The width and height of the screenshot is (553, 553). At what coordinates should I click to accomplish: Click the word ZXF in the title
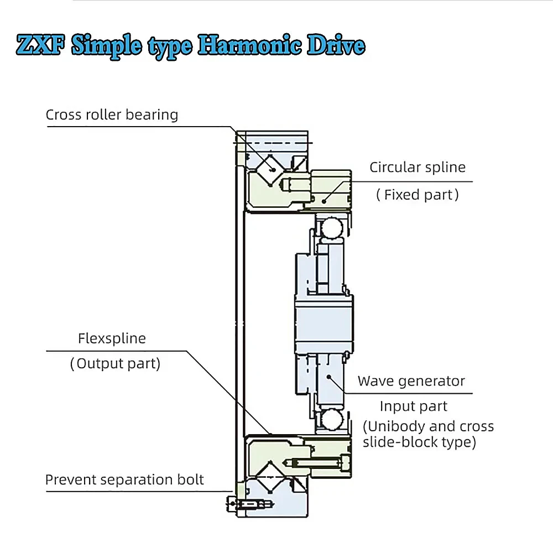[40, 45]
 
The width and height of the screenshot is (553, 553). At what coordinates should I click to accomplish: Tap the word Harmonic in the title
[250, 45]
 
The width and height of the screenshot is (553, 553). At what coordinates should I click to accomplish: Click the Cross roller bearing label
[112, 115]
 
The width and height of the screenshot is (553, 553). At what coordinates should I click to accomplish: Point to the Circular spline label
[418, 167]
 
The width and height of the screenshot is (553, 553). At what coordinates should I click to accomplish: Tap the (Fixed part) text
[418, 195]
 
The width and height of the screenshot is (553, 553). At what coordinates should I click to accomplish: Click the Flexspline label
[112, 338]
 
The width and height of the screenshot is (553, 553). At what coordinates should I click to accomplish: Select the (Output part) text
[116, 364]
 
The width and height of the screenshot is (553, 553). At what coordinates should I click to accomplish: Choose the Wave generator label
[411, 381]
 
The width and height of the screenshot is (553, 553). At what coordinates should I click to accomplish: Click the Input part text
[413, 406]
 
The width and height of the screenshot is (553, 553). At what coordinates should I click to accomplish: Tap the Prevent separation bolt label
[124, 479]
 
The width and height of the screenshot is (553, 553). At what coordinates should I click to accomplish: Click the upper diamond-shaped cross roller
[270, 170]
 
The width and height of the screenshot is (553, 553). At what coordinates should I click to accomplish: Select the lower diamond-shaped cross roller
[270, 477]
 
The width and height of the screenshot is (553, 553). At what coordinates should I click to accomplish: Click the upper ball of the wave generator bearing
[332, 228]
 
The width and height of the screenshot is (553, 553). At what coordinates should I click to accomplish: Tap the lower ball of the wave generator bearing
[332, 420]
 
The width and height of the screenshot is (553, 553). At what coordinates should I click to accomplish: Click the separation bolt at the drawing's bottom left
[250, 504]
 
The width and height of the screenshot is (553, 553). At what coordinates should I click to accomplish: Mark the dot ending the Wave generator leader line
[328, 377]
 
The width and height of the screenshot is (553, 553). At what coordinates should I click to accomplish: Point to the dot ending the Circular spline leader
[324, 202]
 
